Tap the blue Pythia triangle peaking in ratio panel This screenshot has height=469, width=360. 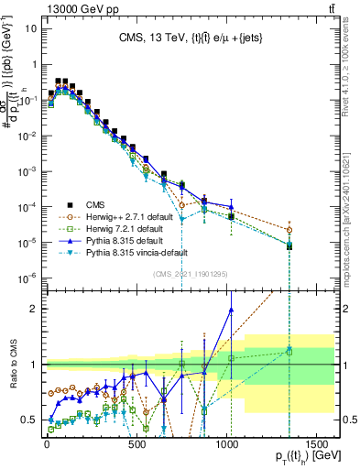pyautogui.click(x=231, y=309)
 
